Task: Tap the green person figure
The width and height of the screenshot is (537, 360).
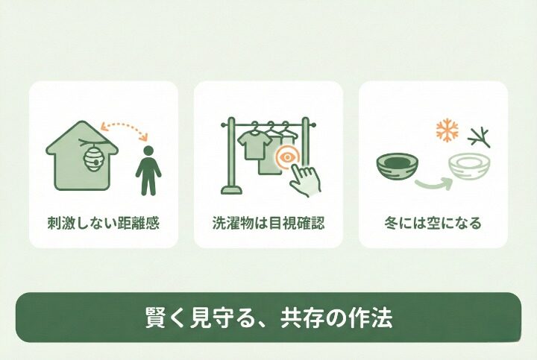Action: tap(148, 171)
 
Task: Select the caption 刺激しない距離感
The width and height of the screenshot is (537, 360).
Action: tap(103, 222)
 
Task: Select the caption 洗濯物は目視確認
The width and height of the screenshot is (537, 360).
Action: tap(268, 222)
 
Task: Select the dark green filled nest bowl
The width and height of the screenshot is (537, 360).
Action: tap(396, 166)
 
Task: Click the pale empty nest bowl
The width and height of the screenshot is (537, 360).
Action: tap(469, 168)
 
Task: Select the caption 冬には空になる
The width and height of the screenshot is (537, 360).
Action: tap(433, 222)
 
